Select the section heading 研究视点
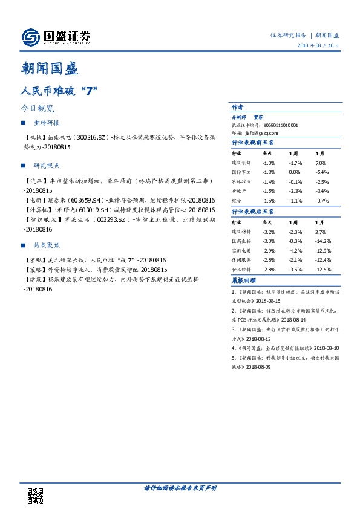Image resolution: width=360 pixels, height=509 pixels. click(47, 165)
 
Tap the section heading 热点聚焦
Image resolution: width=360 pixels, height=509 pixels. click(47, 245)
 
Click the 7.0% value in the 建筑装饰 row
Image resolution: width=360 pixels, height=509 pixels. click(321, 163)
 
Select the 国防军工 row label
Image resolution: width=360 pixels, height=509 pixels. click(240, 172)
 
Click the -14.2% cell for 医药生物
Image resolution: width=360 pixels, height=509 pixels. click(322, 241)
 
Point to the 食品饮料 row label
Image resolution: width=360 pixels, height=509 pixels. click(240, 269)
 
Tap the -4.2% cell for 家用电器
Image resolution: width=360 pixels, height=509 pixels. click(295, 250)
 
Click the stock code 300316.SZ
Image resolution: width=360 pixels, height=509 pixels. click(87, 138)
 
